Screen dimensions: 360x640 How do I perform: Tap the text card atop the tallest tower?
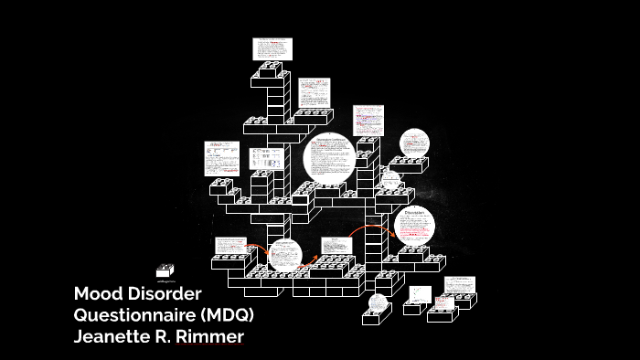coord(272,48)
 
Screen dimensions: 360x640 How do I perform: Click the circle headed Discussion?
coord(414,227)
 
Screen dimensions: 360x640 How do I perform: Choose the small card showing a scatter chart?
coord(420,293)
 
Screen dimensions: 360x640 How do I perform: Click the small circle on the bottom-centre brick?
coord(379,302)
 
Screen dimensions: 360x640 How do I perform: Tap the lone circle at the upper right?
coord(413,143)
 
